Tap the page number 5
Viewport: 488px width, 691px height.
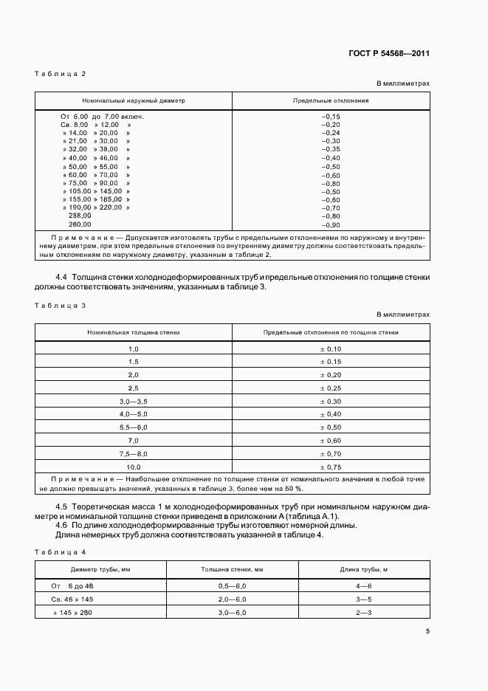427,631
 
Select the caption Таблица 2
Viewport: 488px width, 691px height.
61,73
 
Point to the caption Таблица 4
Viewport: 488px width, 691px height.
61,552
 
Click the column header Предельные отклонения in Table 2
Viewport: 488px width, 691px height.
331,100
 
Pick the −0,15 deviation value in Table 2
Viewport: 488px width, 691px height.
331,117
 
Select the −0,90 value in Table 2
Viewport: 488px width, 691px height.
331,224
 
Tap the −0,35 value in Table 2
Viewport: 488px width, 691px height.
331,150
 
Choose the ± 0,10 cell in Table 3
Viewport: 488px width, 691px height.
331,348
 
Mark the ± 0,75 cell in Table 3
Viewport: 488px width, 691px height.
331,467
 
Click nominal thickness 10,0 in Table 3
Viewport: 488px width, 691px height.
134,467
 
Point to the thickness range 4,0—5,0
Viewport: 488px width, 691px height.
134,414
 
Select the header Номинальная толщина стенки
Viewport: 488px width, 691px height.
134,332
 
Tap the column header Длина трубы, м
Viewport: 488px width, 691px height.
363,569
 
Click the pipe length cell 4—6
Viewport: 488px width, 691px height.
363,585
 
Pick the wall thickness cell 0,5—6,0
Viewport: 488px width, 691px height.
233,585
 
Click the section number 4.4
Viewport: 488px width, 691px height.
63,277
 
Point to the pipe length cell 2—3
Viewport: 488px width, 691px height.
363,612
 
